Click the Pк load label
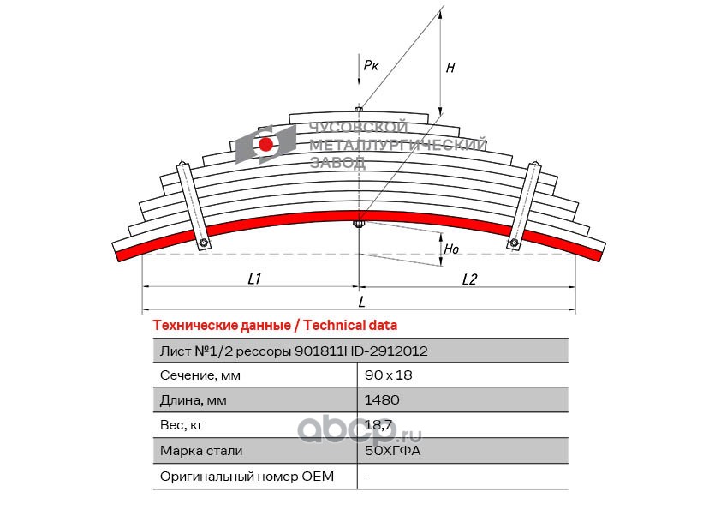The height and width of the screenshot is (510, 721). point(371,65)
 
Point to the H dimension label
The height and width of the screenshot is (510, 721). point(450,68)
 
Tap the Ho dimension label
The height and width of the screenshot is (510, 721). point(451,249)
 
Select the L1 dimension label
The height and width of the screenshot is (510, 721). point(254,279)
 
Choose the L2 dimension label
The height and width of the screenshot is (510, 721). point(469,279)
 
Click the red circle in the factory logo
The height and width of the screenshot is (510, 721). point(265,145)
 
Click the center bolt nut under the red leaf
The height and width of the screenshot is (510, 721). point(359,225)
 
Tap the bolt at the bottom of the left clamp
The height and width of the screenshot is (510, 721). point(203,242)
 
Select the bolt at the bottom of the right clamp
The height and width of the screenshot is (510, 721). point(514,242)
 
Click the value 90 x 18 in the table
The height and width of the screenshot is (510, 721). point(388,375)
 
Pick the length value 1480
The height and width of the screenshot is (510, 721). point(382,399)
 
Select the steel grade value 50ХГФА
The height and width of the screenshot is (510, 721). point(392,450)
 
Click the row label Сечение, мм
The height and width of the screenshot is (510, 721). point(200,375)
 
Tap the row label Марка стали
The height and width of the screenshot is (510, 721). point(201,450)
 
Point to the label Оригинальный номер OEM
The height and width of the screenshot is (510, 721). point(247,476)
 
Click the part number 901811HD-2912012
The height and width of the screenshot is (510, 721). point(361,351)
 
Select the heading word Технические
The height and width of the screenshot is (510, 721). point(195,326)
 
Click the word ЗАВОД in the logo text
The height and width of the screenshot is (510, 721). point(337,162)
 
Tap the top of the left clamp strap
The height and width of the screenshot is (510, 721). point(182,164)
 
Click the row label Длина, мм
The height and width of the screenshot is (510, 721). point(194,400)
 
